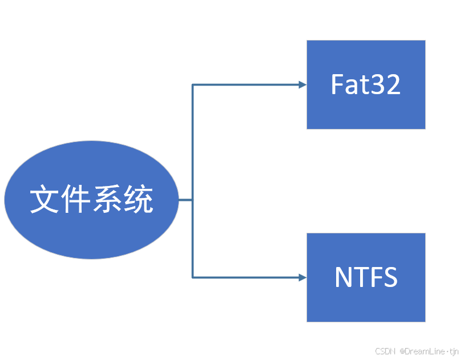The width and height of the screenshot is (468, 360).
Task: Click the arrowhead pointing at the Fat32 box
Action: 302,85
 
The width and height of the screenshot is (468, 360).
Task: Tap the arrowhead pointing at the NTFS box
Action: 302,278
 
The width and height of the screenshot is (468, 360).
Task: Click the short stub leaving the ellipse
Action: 185,200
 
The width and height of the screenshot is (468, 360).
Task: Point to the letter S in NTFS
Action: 389,277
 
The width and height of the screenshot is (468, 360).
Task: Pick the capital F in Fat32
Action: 337,84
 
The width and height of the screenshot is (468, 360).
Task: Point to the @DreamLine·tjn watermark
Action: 429,351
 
